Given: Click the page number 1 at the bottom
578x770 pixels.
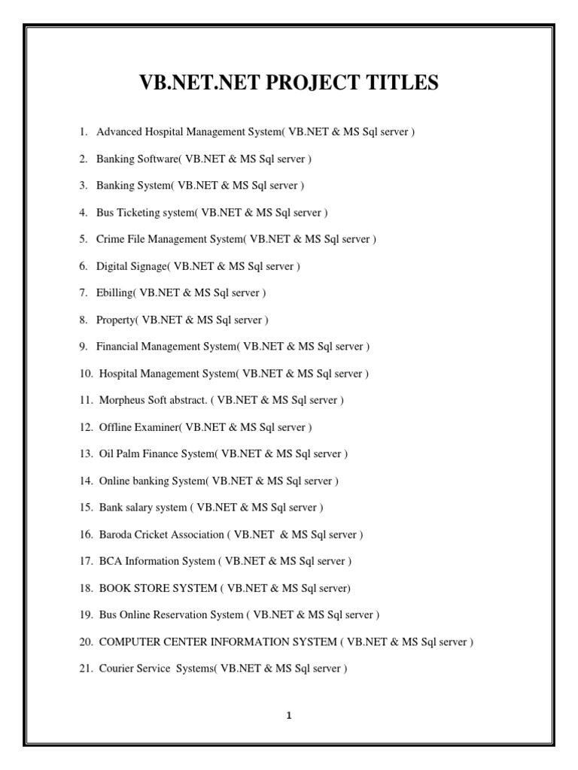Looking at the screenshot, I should pyautogui.click(x=288, y=716).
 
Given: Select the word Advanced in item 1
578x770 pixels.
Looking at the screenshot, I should pyautogui.click(x=119, y=132).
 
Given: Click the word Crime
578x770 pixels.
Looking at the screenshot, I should pyautogui.click(x=110, y=239).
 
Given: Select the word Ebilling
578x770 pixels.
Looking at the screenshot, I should pyautogui.click(x=115, y=293).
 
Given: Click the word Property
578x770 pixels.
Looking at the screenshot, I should pyautogui.click(x=115, y=320).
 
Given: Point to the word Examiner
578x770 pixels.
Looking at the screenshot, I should pyautogui.click(x=157, y=427).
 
